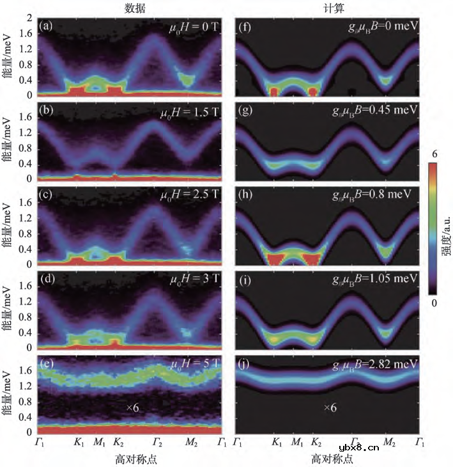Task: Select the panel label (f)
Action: point(243,26)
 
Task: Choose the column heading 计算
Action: point(328,8)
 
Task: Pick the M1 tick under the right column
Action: point(297,441)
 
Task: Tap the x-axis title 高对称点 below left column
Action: point(133,457)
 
